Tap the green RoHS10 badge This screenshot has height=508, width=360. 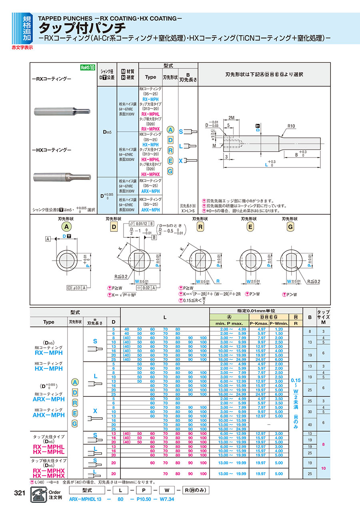[88, 68]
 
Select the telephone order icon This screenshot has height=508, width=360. [38, 496]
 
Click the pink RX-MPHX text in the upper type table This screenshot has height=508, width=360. [150, 129]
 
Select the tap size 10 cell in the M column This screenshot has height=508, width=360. [323, 468]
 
